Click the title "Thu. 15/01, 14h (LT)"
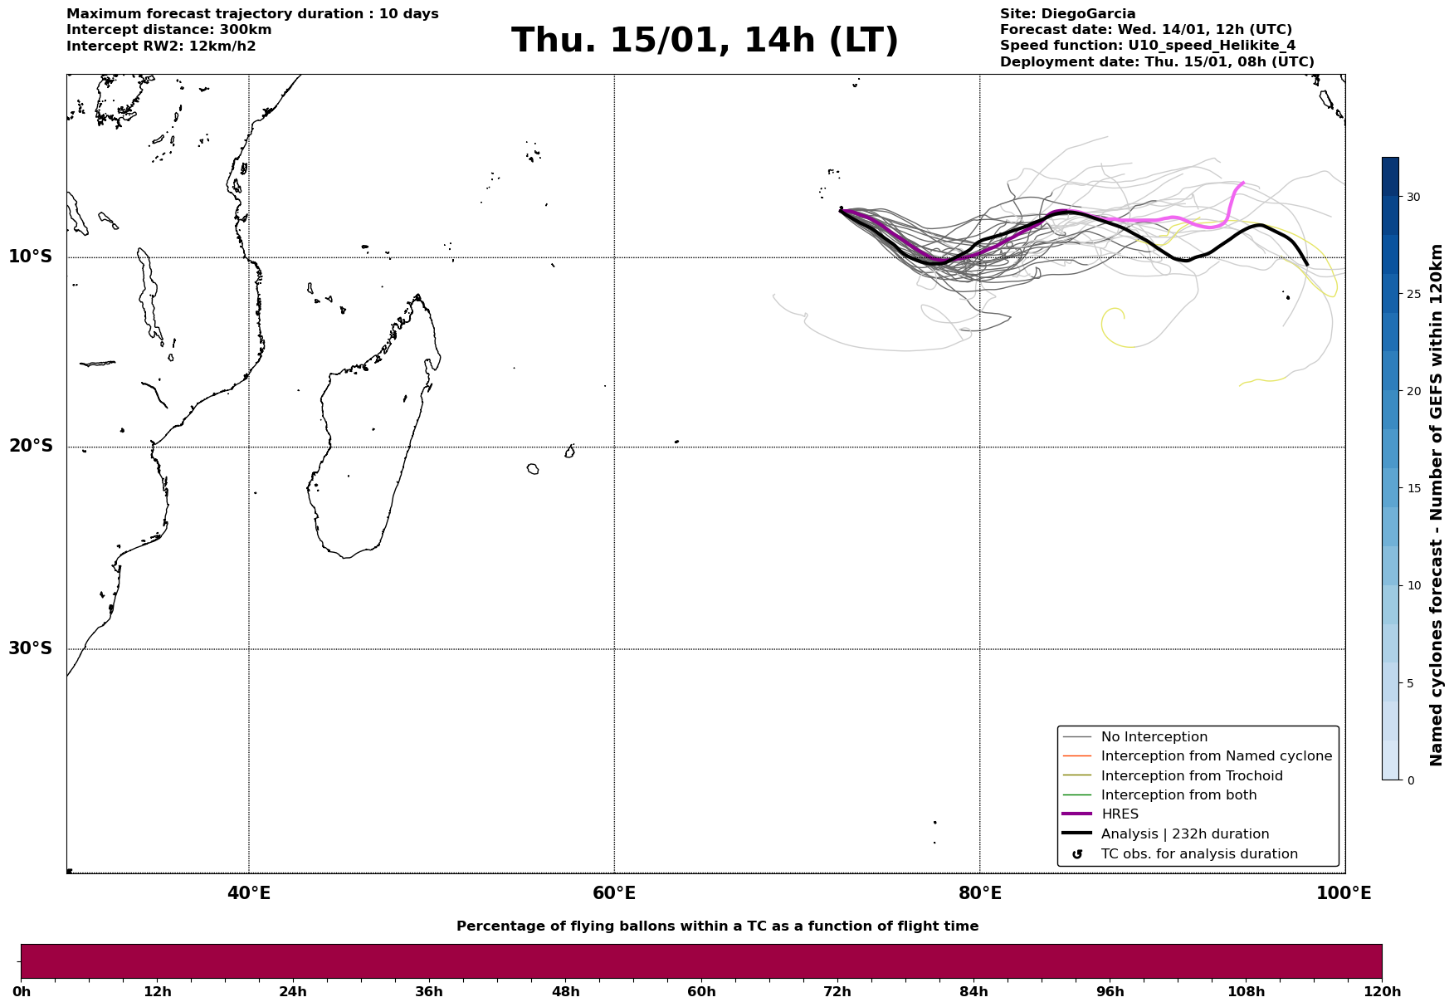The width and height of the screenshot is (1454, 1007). (x=705, y=41)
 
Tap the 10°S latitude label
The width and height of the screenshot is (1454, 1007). (x=31, y=257)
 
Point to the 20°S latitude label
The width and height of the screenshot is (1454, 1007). (x=31, y=447)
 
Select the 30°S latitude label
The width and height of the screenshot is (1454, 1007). (x=31, y=648)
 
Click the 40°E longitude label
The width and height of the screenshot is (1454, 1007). (x=249, y=893)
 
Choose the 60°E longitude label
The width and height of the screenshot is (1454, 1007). (x=614, y=893)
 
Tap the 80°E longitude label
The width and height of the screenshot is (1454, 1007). (x=979, y=893)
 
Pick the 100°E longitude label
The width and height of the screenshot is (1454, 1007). (x=1344, y=893)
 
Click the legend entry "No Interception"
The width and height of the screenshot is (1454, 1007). (x=1154, y=737)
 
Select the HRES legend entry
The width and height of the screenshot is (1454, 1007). (x=1120, y=814)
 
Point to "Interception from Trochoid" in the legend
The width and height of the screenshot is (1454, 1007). (x=1191, y=776)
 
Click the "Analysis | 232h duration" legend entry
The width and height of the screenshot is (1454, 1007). (x=1184, y=834)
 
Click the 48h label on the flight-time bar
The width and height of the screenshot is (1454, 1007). (x=565, y=992)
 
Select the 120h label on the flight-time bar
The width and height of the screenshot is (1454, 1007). (x=1382, y=992)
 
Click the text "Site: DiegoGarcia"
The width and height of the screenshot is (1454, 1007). (x=1067, y=14)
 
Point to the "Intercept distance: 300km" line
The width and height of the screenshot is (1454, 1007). (x=169, y=30)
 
